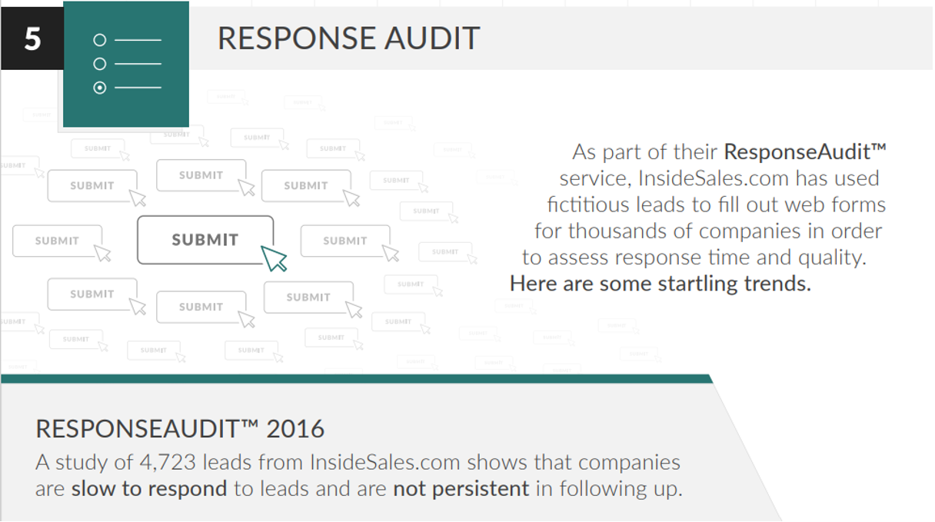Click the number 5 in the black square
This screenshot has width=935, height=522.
(32, 37)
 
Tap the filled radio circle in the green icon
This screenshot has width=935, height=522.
(99, 88)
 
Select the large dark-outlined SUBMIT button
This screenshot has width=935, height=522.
(205, 240)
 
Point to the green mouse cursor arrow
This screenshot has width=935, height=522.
(274, 258)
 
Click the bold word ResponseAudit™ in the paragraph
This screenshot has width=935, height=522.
(805, 151)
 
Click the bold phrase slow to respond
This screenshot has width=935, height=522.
(149, 489)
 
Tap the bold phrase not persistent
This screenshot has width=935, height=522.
(461, 489)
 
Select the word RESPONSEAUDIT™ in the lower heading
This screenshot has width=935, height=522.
(144, 429)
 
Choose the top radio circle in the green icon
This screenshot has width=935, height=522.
(99, 40)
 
